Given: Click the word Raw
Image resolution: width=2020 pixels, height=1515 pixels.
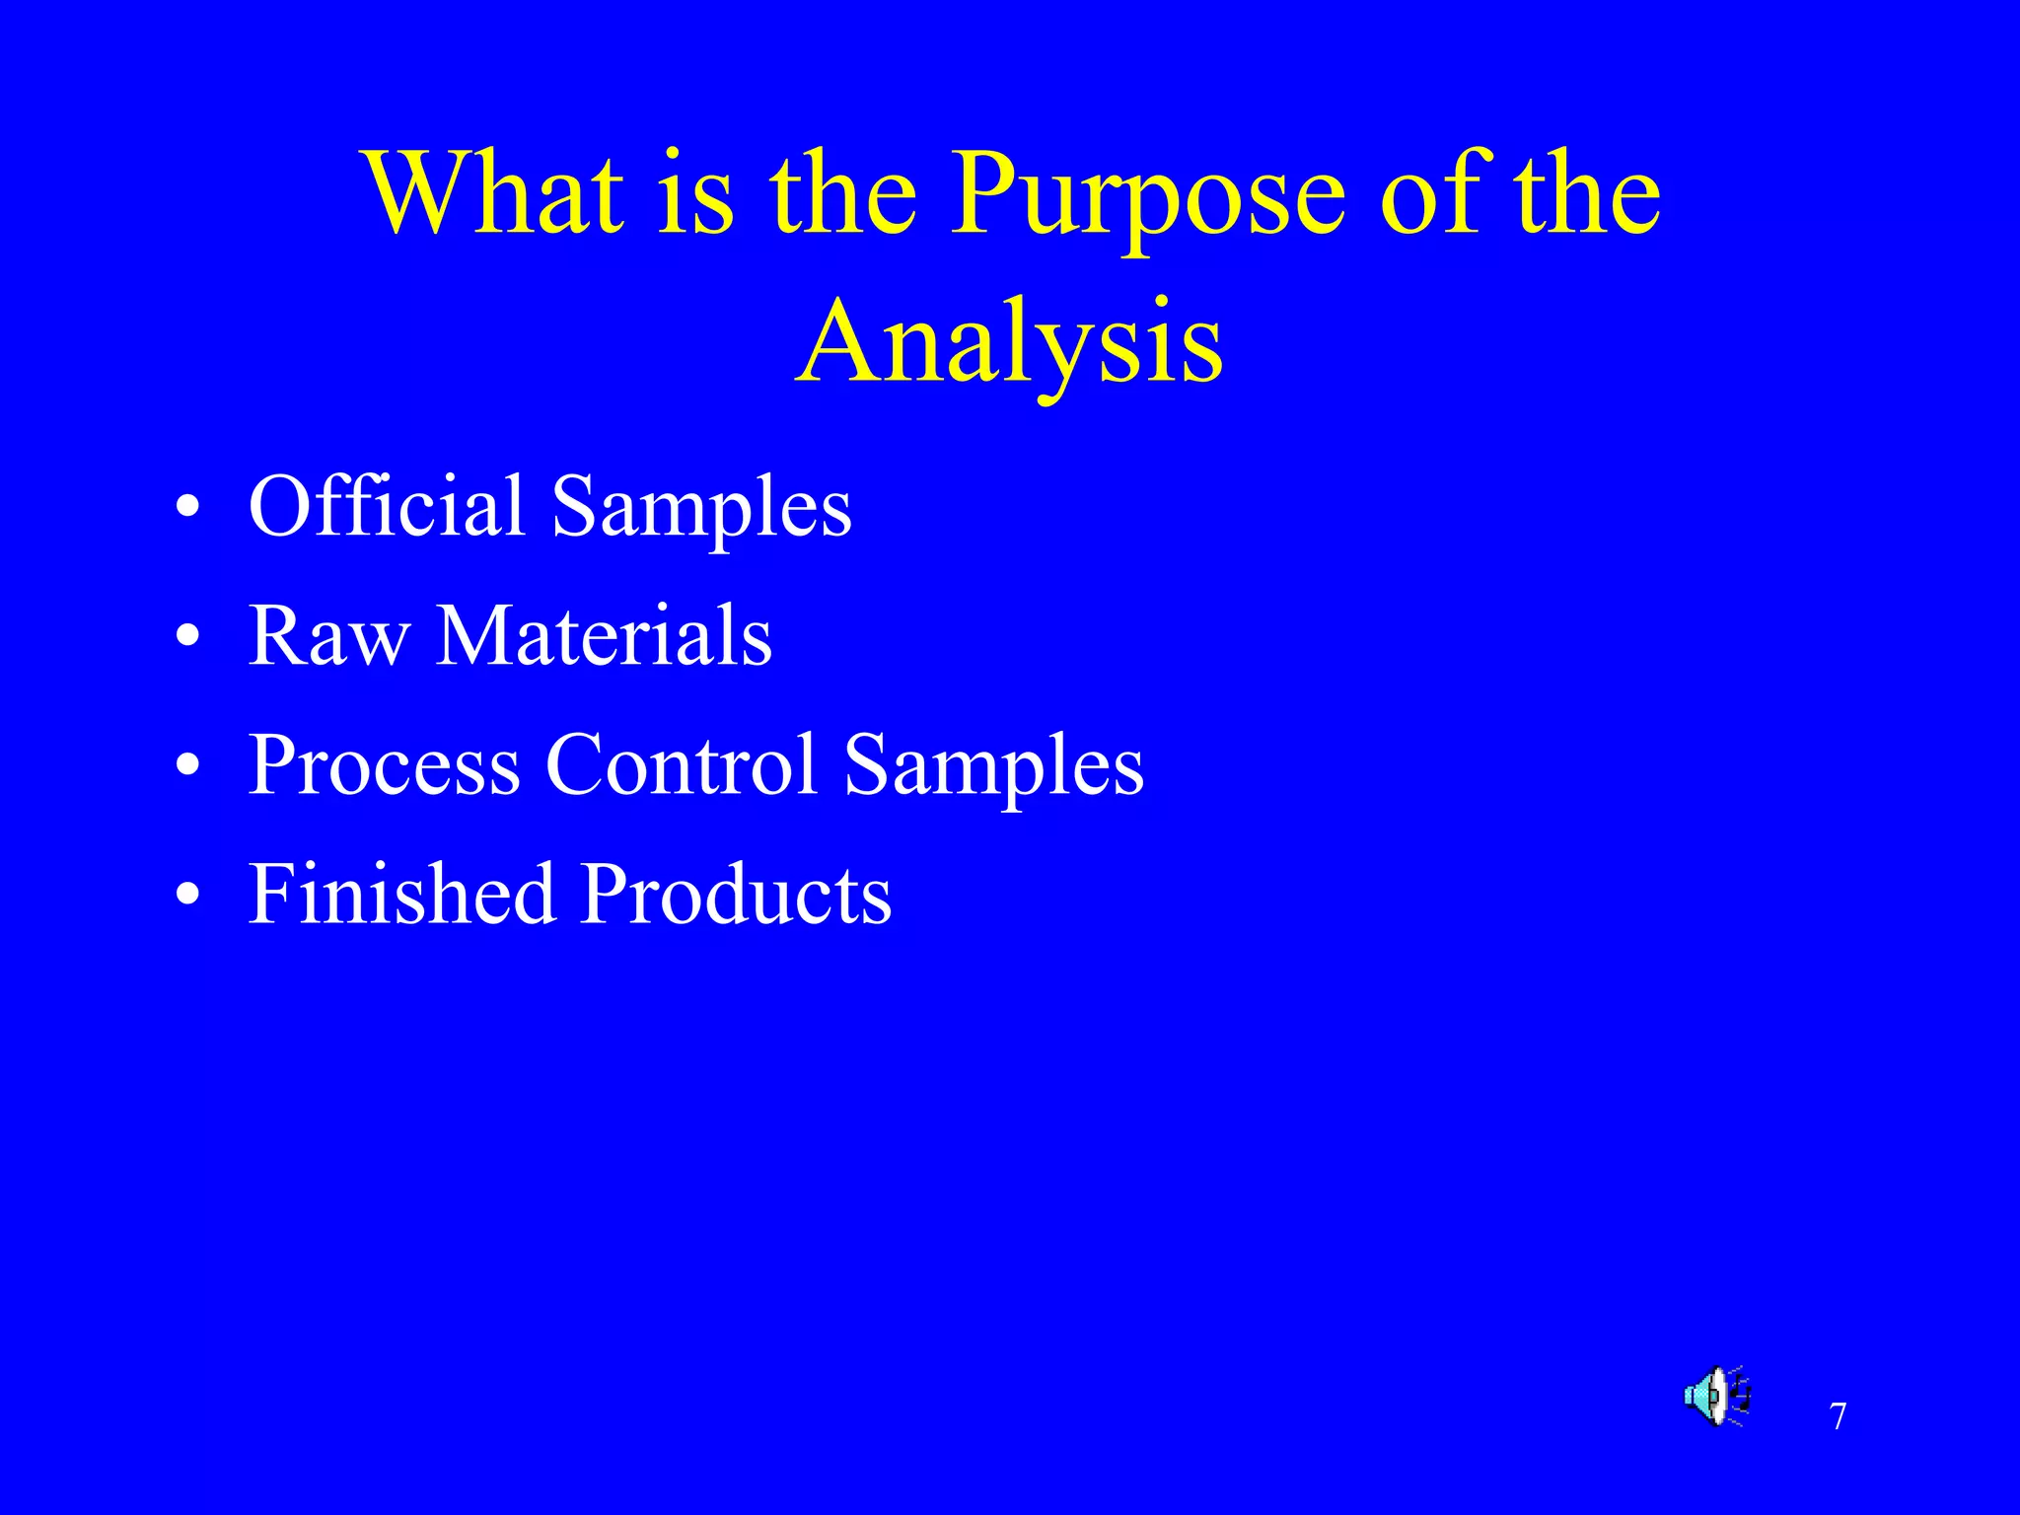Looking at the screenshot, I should click(328, 636).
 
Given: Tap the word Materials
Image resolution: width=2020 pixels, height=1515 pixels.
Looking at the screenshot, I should click(604, 636).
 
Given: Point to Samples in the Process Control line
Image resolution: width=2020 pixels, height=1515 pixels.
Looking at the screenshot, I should click(993, 768).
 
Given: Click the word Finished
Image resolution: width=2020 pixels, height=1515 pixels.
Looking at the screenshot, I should click(400, 894).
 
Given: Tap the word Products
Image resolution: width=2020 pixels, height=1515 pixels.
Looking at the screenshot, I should click(736, 894).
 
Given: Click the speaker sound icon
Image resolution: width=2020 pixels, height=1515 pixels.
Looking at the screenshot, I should click(1716, 1397).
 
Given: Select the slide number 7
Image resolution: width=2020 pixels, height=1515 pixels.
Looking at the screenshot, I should click(1838, 1417).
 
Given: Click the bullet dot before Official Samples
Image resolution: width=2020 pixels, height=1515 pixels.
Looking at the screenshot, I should click(187, 509).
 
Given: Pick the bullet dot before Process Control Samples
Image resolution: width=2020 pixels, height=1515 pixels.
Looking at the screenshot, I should click(187, 766).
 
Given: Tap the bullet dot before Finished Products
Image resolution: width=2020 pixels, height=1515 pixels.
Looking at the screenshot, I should click(187, 896).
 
